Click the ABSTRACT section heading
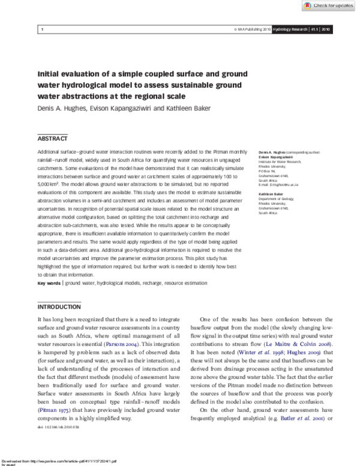(x=52, y=137)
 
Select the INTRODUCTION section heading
(x=60, y=306)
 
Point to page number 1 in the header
(x=41, y=29)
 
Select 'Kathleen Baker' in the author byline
(x=182, y=109)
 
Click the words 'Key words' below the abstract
(x=49, y=282)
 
